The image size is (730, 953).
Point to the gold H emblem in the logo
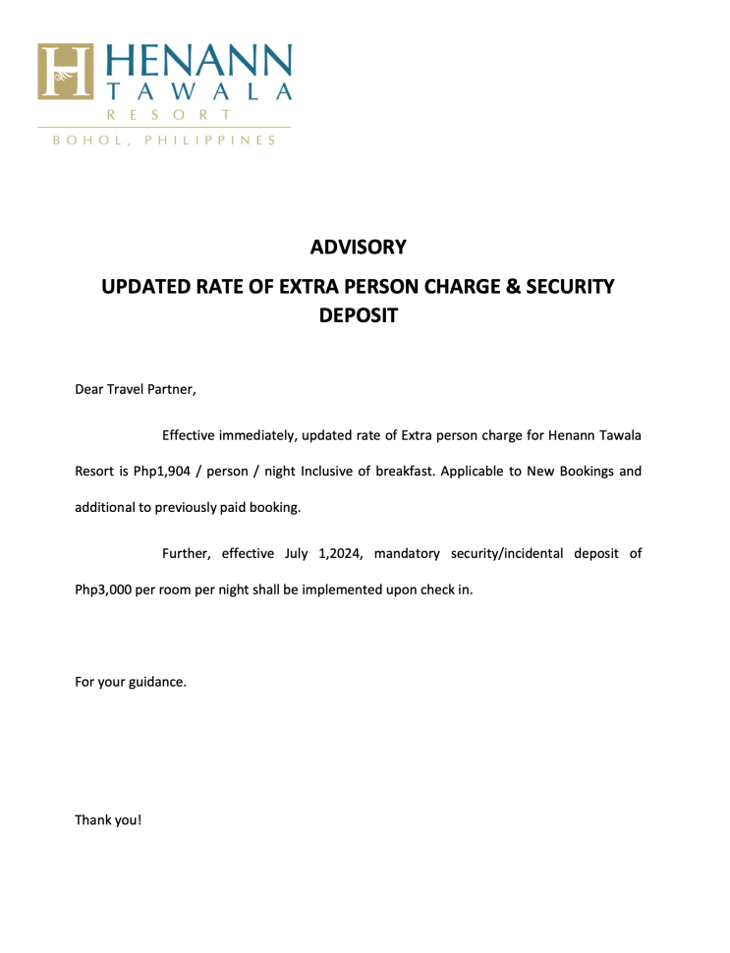click(x=66, y=72)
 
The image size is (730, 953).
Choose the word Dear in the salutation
click(x=91, y=390)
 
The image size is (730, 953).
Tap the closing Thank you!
click(x=108, y=818)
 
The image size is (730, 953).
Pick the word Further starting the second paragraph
click(x=187, y=554)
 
